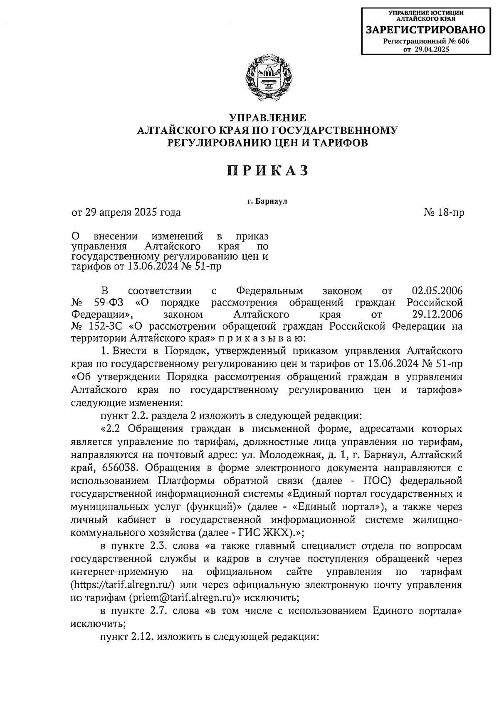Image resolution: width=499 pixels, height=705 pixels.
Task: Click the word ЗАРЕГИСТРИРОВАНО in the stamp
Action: coord(425,30)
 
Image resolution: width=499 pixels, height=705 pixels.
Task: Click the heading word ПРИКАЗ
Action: coord(268,170)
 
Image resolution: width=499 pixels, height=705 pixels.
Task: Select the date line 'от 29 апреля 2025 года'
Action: coord(126,213)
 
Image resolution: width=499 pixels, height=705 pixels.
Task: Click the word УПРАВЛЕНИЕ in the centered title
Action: coord(268,118)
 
